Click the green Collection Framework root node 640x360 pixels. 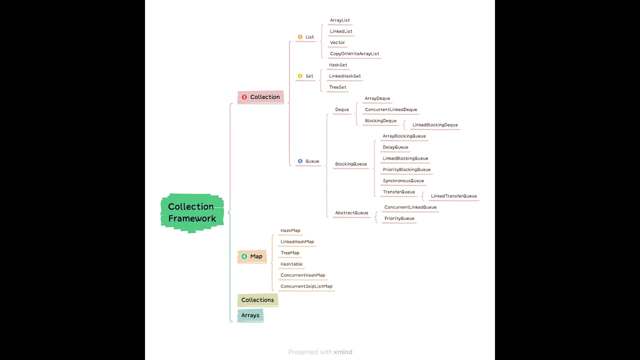click(x=192, y=213)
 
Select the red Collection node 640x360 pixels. click(x=260, y=97)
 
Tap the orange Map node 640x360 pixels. click(x=252, y=256)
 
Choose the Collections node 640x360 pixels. click(x=257, y=300)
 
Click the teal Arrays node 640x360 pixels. click(x=250, y=315)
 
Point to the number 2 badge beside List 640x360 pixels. click(x=300, y=37)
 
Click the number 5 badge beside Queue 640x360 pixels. click(x=300, y=161)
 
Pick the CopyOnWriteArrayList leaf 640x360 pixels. click(x=354, y=53)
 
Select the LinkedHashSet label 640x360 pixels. click(x=344, y=76)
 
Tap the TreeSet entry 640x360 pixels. click(x=337, y=87)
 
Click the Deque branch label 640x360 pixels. click(x=342, y=109)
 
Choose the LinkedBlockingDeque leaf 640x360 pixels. click(x=435, y=125)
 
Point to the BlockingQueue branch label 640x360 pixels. click(x=351, y=164)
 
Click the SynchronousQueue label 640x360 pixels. click(x=403, y=180)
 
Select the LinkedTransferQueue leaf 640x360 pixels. click(x=453, y=196)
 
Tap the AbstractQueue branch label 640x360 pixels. click(x=351, y=213)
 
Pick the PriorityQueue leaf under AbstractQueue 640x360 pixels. click(x=399, y=218)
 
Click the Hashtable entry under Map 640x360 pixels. click(x=291, y=264)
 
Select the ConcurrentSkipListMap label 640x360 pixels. click(x=306, y=286)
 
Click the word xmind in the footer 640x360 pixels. click(x=343, y=352)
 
